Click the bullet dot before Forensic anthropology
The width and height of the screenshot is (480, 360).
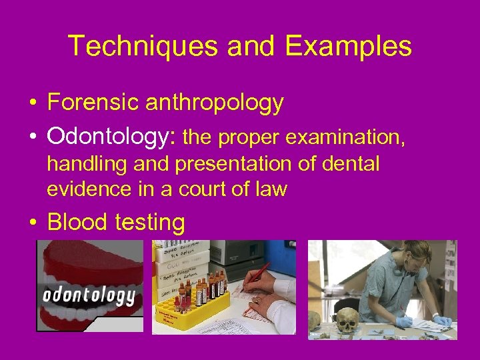coord(32,104)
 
